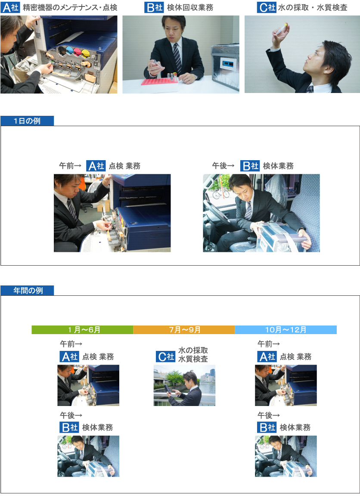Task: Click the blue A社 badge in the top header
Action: coord(10,7)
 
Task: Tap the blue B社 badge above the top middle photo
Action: coord(154,7)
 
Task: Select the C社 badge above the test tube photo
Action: coord(267,7)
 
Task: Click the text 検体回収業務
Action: coord(190,7)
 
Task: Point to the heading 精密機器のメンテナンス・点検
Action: coord(70,7)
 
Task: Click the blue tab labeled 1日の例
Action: coord(27,121)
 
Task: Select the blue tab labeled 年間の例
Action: coord(27,290)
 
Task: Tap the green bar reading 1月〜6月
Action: coord(82,330)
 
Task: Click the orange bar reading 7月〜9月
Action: coord(184,330)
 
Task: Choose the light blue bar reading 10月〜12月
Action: coord(286,330)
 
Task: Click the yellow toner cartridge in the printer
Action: coord(86,53)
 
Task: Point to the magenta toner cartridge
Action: coord(77,51)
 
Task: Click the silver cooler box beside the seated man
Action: coord(225,65)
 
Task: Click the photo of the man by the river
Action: coord(184,385)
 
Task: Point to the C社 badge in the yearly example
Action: coord(165,356)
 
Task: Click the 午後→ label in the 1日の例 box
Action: coord(223,165)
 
